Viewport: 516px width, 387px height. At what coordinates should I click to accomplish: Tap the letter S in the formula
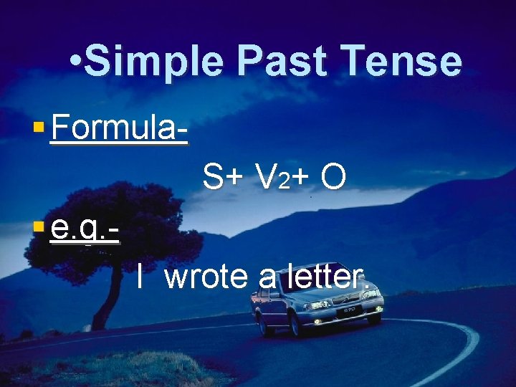click(x=212, y=177)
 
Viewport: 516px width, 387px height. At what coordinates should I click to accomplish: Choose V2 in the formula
click(x=272, y=178)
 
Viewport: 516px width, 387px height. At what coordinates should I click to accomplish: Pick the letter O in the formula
click(x=333, y=177)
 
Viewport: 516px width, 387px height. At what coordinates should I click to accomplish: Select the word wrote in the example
click(x=206, y=277)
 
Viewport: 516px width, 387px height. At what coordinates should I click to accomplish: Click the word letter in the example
click(x=327, y=277)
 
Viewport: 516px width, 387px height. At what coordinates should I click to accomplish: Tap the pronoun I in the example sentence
click(x=141, y=277)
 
